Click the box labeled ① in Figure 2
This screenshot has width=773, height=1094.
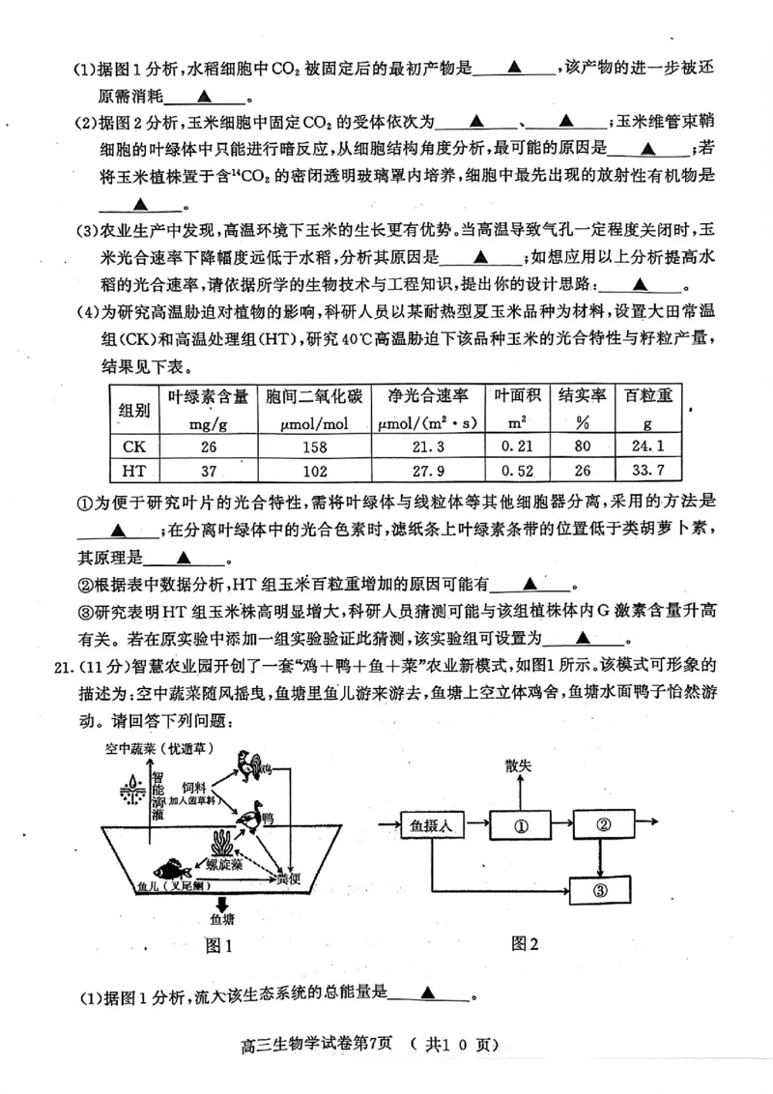point(520,826)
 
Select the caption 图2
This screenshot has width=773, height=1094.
point(524,944)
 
